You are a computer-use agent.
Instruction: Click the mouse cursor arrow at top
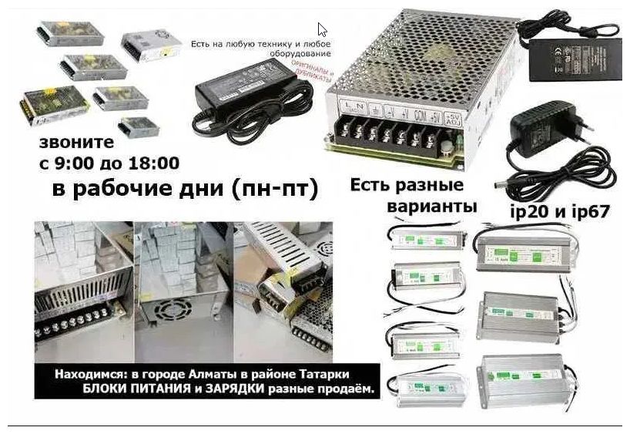322,30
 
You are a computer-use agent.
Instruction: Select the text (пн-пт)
273,190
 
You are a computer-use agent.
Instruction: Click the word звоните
76,142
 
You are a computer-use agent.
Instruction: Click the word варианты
432,207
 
